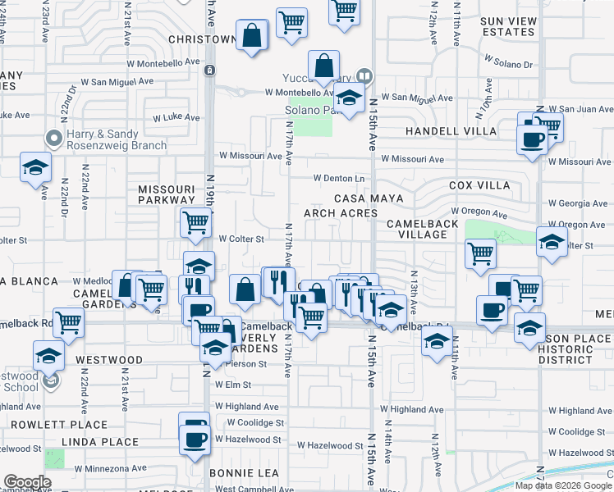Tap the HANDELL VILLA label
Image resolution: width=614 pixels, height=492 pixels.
(451, 131)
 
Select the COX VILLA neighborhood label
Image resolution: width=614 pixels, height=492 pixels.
(479, 185)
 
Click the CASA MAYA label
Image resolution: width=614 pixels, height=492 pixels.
(366, 198)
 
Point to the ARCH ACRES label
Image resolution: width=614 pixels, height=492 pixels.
(341, 213)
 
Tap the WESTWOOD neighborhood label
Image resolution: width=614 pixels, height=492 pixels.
(109, 360)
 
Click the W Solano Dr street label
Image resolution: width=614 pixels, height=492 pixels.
(508, 61)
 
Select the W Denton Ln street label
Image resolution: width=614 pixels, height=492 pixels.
(339, 178)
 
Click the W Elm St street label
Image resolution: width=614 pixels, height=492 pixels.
(233, 384)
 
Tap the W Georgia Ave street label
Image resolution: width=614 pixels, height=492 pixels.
(579, 203)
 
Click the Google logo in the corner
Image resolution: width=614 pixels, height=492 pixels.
(27, 482)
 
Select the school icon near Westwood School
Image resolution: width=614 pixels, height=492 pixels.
(48, 356)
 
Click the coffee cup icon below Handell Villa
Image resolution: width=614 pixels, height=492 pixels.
(532, 139)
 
